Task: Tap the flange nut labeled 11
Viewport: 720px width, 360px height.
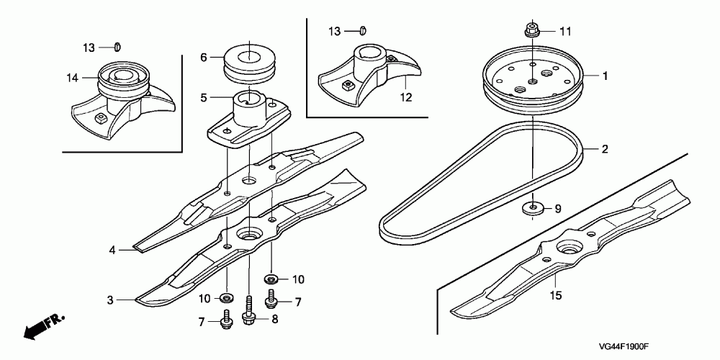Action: tap(532, 31)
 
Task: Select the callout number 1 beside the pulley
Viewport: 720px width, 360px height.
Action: tap(605, 75)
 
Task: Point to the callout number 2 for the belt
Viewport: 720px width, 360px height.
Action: tap(605, 150)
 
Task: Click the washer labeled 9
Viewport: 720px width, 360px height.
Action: tap(533, 210)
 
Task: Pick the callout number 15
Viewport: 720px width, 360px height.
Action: tap(555, 295)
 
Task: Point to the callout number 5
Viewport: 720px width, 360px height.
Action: tap(203, 96)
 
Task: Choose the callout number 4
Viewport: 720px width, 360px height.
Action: tap(112, 251)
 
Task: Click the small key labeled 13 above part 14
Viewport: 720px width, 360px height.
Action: tap(117, 48)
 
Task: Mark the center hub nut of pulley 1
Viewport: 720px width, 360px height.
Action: tap(533, 81)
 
